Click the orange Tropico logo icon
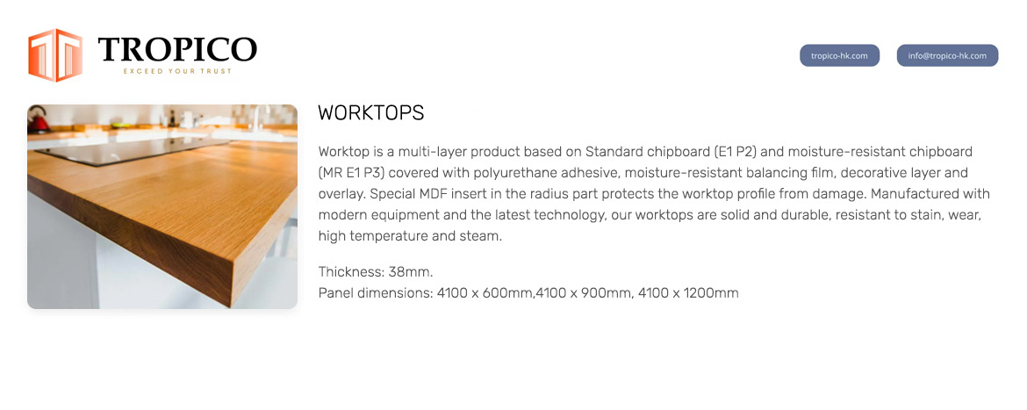pyautogui.click(x=55, y=55)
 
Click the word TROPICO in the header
pyautogui.click(x=177, y=50)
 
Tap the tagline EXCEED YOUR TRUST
pyautogui.click(x=177, y=71)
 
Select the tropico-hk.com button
pyautogui.click(x=839, y=55)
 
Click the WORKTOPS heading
pyautogui.click(x=370, y=112)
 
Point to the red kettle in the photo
pyautogui.click(x=38, y=119)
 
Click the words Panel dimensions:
pyautogui.click(x=376, y=293)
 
